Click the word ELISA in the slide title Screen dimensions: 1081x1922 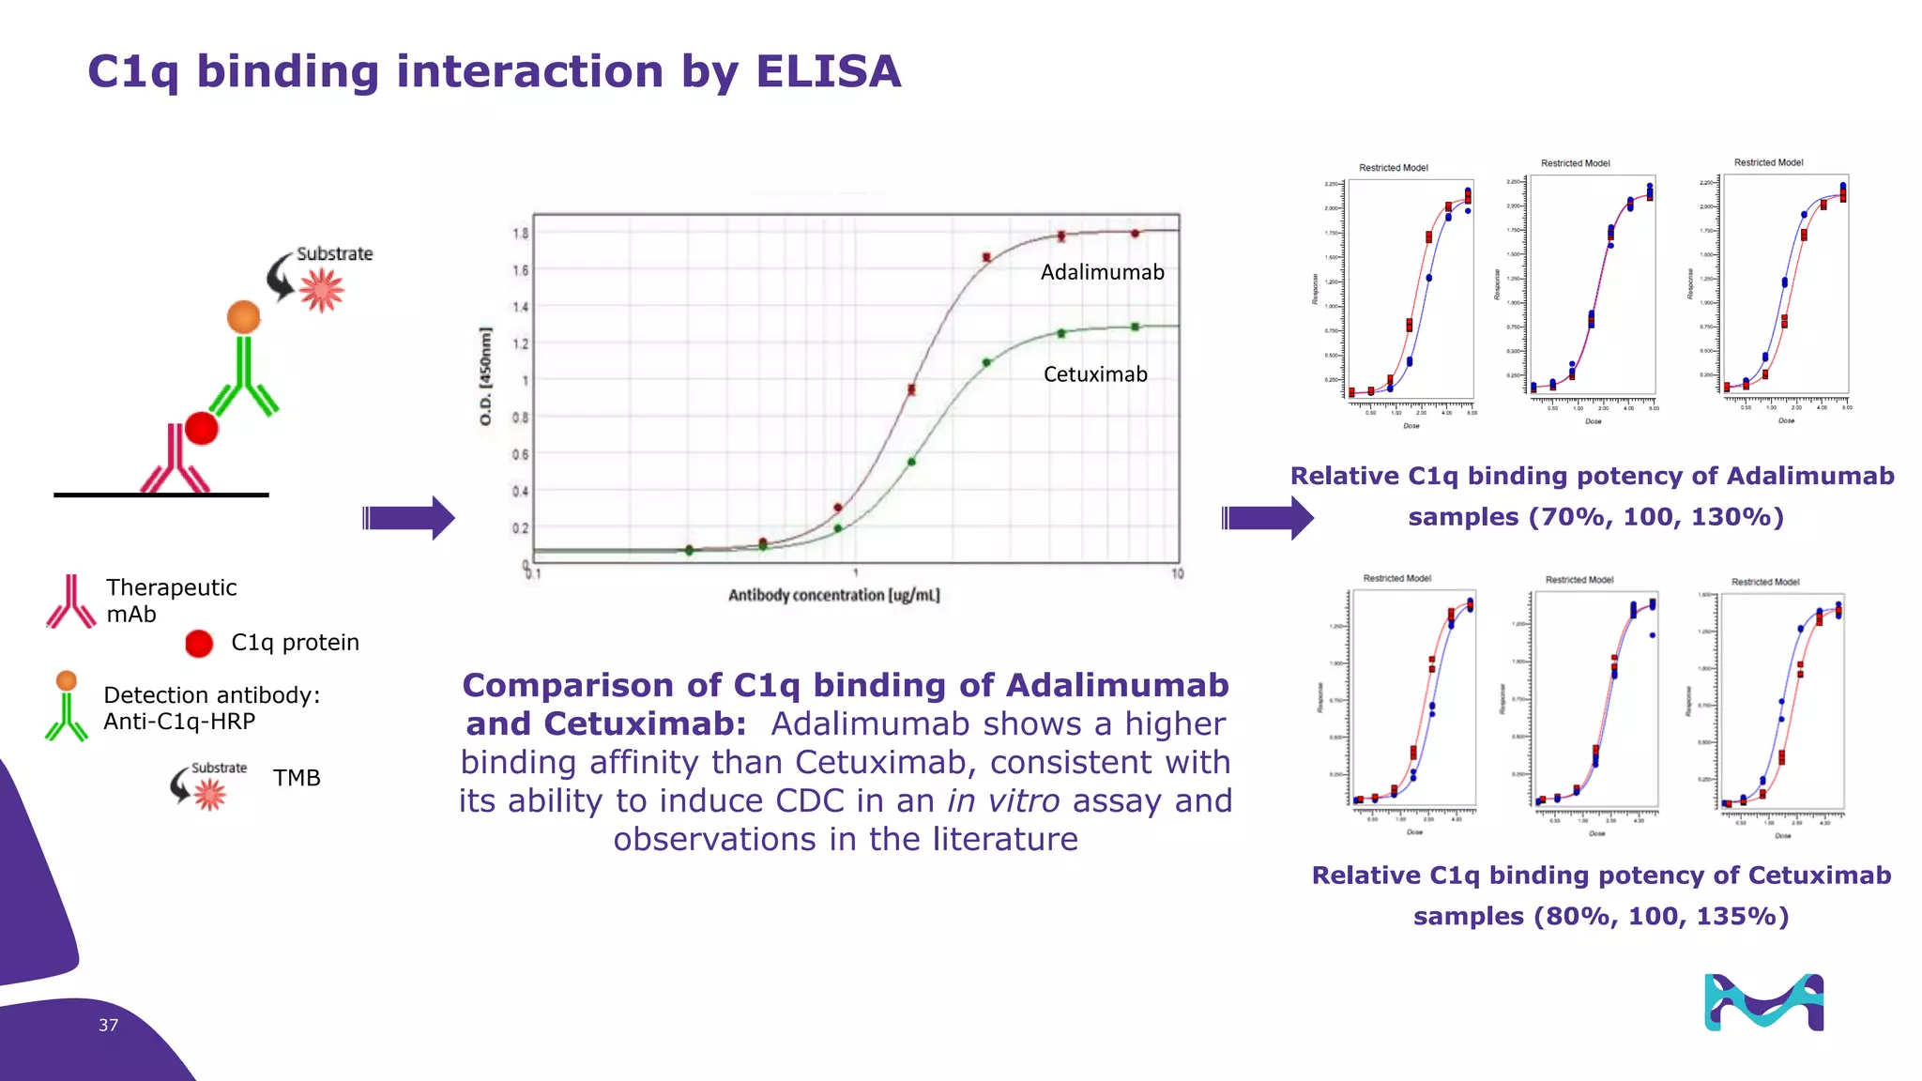coord(828,72)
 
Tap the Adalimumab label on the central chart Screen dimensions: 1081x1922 coord(1102,272)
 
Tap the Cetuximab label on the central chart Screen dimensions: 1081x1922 coord(1095,374)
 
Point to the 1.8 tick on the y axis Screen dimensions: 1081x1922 coord(520,233)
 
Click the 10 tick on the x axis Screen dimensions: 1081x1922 coord(1177,573)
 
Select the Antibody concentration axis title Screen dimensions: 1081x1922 coord(833,595)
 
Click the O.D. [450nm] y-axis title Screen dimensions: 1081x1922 coord(485,375)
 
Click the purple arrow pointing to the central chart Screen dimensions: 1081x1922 coord(408,517)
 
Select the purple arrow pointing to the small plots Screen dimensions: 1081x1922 coord(1267,517)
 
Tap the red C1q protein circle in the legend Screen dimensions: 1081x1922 coord(199,643)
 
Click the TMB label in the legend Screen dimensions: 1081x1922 coord(297,778)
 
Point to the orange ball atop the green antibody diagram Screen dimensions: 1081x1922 coord(243,316)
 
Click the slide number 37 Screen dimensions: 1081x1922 coord(108,1025)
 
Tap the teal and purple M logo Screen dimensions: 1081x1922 coord(1763,1002)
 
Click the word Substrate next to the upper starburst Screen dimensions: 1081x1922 coord(334,253)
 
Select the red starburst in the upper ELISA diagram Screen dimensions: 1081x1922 coord(322,289)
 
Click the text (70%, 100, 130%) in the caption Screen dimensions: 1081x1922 coord(1655,517)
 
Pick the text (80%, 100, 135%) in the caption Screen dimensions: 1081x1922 coord(1661,916)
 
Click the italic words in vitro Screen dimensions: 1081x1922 coord(1003,800)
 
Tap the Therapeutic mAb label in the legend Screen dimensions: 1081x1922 coord(171,601)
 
